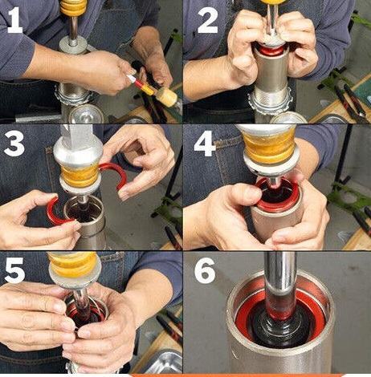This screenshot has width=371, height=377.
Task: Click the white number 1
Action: click(x=15, y=20)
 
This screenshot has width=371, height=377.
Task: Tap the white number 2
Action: click(x=208, y=20)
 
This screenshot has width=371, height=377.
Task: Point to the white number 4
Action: click(x=205, y=144)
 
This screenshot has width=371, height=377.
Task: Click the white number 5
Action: click(x=14, y=270)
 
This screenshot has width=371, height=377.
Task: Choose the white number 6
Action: click(x=205, y=270)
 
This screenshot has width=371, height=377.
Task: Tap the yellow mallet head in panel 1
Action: click(x=167, y=97)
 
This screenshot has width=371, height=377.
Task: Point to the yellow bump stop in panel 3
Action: click(x=80, y=175)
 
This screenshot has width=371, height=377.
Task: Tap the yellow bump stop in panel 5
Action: click(x=73, y=264)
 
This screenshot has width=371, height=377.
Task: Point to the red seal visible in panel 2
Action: click(x=271, y=50)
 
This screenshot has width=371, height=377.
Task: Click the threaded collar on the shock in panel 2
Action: click(x=271, y=101)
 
